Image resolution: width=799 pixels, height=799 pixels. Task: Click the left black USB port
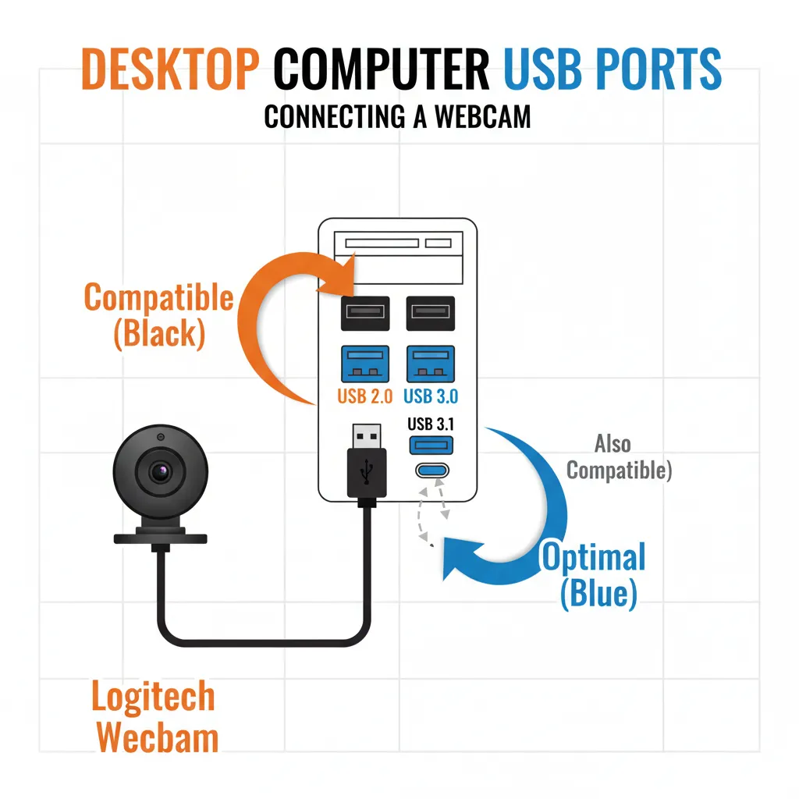coord(364,312)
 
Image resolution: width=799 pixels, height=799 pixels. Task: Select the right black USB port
coord(431,312)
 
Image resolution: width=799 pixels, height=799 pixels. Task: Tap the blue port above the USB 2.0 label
coord(364,364)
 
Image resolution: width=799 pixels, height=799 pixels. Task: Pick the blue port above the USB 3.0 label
coord(431,364)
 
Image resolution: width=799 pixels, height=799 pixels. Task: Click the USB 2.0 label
coord(364,396)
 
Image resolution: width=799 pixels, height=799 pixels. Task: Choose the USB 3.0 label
coord(431,396)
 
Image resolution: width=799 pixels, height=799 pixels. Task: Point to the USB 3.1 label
coord(430,424)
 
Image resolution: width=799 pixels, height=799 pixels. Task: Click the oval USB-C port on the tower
coord(431,471)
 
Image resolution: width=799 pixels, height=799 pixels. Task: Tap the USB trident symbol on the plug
coord(364,471)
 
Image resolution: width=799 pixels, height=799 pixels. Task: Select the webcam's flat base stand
coord(161,538)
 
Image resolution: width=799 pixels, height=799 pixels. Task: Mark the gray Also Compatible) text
coord(617,457)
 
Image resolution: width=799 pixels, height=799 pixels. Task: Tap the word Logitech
coord(152,697)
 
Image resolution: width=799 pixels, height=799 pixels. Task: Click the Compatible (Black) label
coord(158,315)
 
